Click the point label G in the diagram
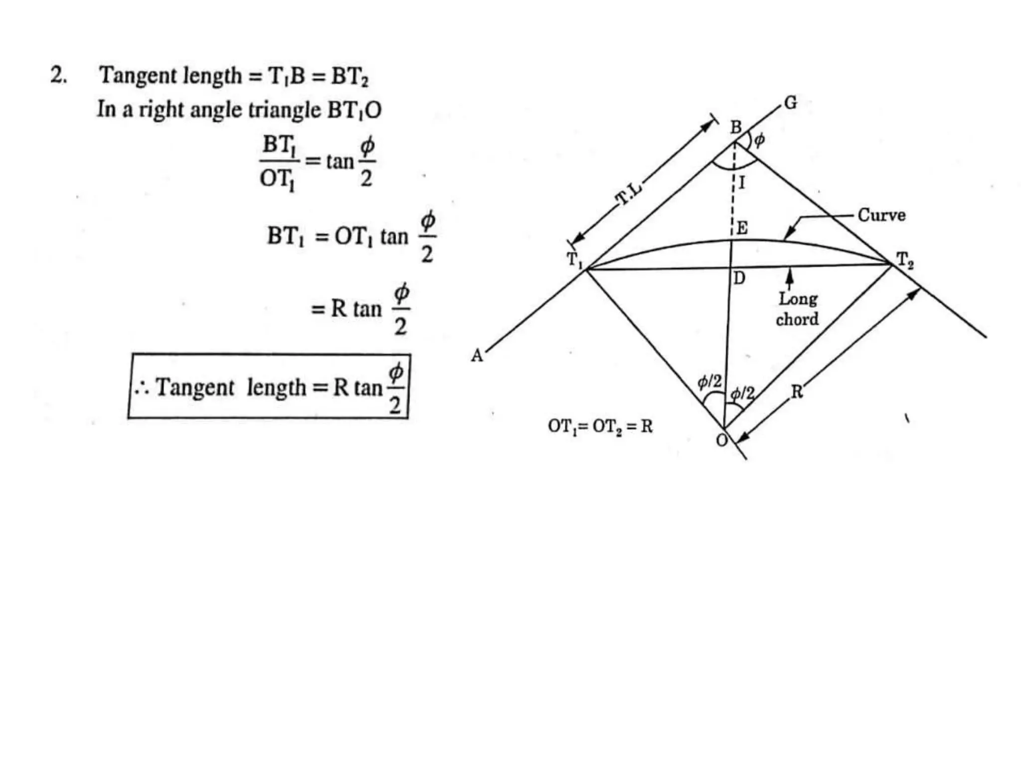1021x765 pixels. tap(791, 103)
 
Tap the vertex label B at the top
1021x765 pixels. tap(736, 127)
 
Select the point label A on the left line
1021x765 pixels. tap(477, 356)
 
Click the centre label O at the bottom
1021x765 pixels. tap(721, 440)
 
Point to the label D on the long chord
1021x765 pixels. tap(739, 278)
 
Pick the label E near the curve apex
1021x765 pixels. tap(742, 228)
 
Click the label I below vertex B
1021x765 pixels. tap(742, 183)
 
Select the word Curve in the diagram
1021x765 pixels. tap(881, 215)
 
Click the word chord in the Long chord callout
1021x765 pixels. tap(797, 319)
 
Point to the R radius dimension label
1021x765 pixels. tap(797, 392)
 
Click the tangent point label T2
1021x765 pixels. tap(905, 260)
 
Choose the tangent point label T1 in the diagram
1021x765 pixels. tap(574, 259)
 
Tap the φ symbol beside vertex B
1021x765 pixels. tap(759, 140)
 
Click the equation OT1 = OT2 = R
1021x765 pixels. tap(600, 426)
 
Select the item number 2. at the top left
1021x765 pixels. tap(58, 76)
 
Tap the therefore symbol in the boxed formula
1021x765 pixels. tap(142, 389)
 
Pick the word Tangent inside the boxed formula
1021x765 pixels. tap(194, 387)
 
